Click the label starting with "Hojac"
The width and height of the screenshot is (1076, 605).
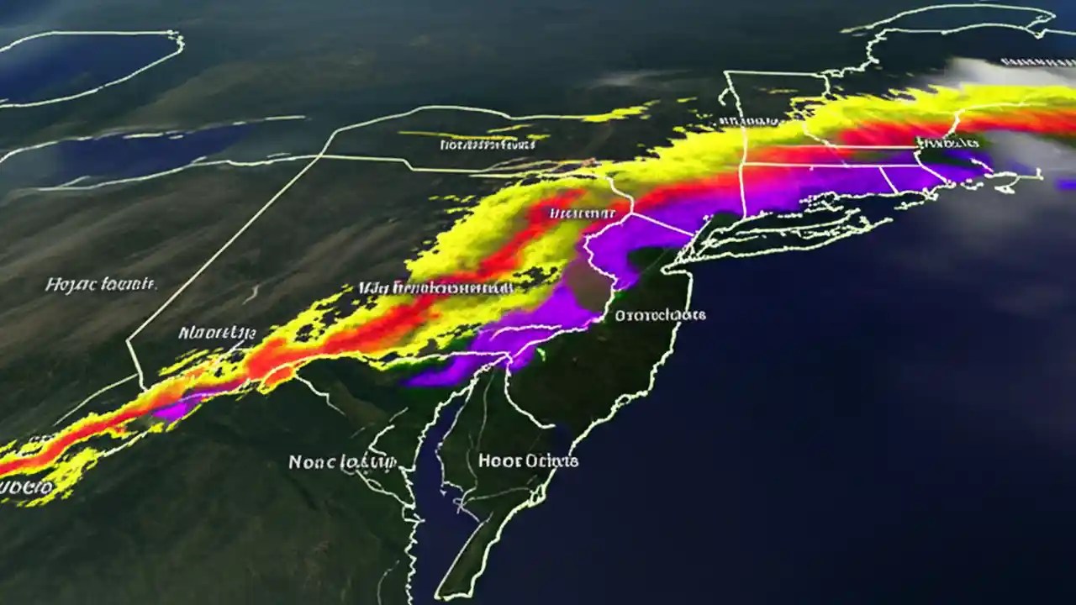tap(101, 285)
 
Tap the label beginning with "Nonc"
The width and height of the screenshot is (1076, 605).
tap(341, 462)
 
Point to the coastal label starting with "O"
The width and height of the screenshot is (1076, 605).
tap(660, 315)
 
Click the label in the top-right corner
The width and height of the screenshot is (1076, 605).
tap(1037, 62)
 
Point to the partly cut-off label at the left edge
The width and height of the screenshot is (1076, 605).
tap(25, 487)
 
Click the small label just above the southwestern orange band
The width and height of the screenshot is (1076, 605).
tap(217, 333)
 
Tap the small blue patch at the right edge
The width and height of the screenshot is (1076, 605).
tap(1066, 184)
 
